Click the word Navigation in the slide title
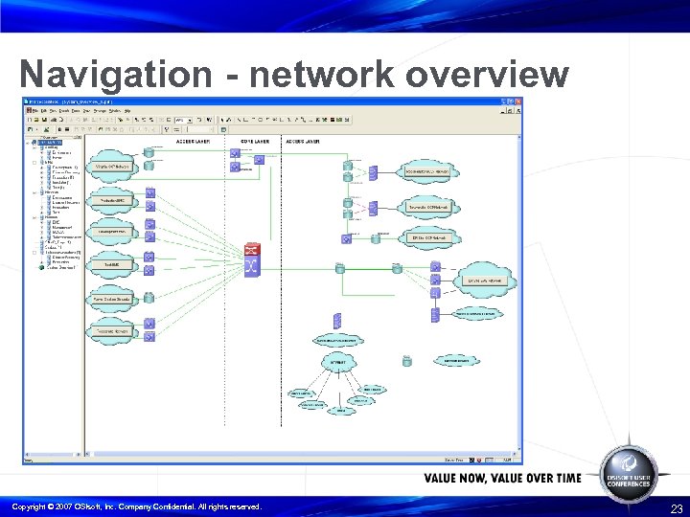[x=115, y=74]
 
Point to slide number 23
[x=677, y=508]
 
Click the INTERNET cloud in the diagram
[x=337, y=363]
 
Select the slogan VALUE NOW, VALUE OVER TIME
[x=502, y=478]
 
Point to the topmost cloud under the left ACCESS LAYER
[x=113, y=166]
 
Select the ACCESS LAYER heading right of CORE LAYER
[x=303, y=141]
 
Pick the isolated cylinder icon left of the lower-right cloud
[x=407, y=361]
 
